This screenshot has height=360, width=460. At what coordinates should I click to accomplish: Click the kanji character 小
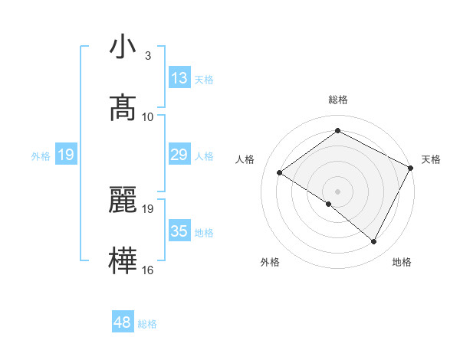pos(123,47)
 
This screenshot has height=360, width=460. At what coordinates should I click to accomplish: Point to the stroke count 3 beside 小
pos(148,56)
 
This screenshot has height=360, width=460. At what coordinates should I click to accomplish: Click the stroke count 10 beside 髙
pos(148,116)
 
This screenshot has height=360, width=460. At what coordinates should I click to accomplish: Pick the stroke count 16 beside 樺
pos(148,270)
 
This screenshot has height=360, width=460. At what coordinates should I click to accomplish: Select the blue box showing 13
pos(179,78)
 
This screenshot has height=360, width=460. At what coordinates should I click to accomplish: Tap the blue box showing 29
pos(179,155)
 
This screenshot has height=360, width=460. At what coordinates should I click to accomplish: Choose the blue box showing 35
pos(179,231)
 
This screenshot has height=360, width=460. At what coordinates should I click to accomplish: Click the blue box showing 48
pos(123,322)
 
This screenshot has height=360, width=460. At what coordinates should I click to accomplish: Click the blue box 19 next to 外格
pos(66,155)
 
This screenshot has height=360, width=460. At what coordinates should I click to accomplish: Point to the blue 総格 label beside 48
pos(147,324)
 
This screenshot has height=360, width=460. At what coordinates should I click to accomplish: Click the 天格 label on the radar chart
pos(431,159)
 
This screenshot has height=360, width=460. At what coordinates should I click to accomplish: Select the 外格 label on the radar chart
pos(270,262)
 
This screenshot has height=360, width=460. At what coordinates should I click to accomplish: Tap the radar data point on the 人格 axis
pos(280,172)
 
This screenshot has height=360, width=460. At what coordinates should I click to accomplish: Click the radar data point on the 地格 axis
pos(374,242)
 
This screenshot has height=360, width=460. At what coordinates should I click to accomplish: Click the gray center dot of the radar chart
pos(337,191)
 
